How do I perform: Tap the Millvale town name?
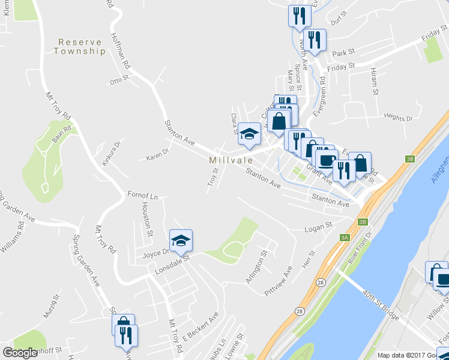click(229, 161)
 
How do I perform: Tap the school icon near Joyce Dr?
click(181, 241)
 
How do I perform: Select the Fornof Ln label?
click(142, 195)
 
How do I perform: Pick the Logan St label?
click(318, 226)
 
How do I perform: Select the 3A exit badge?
click(345, 238)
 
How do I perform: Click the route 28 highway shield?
click(299, 310)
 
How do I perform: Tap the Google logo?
click(20, 353)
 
